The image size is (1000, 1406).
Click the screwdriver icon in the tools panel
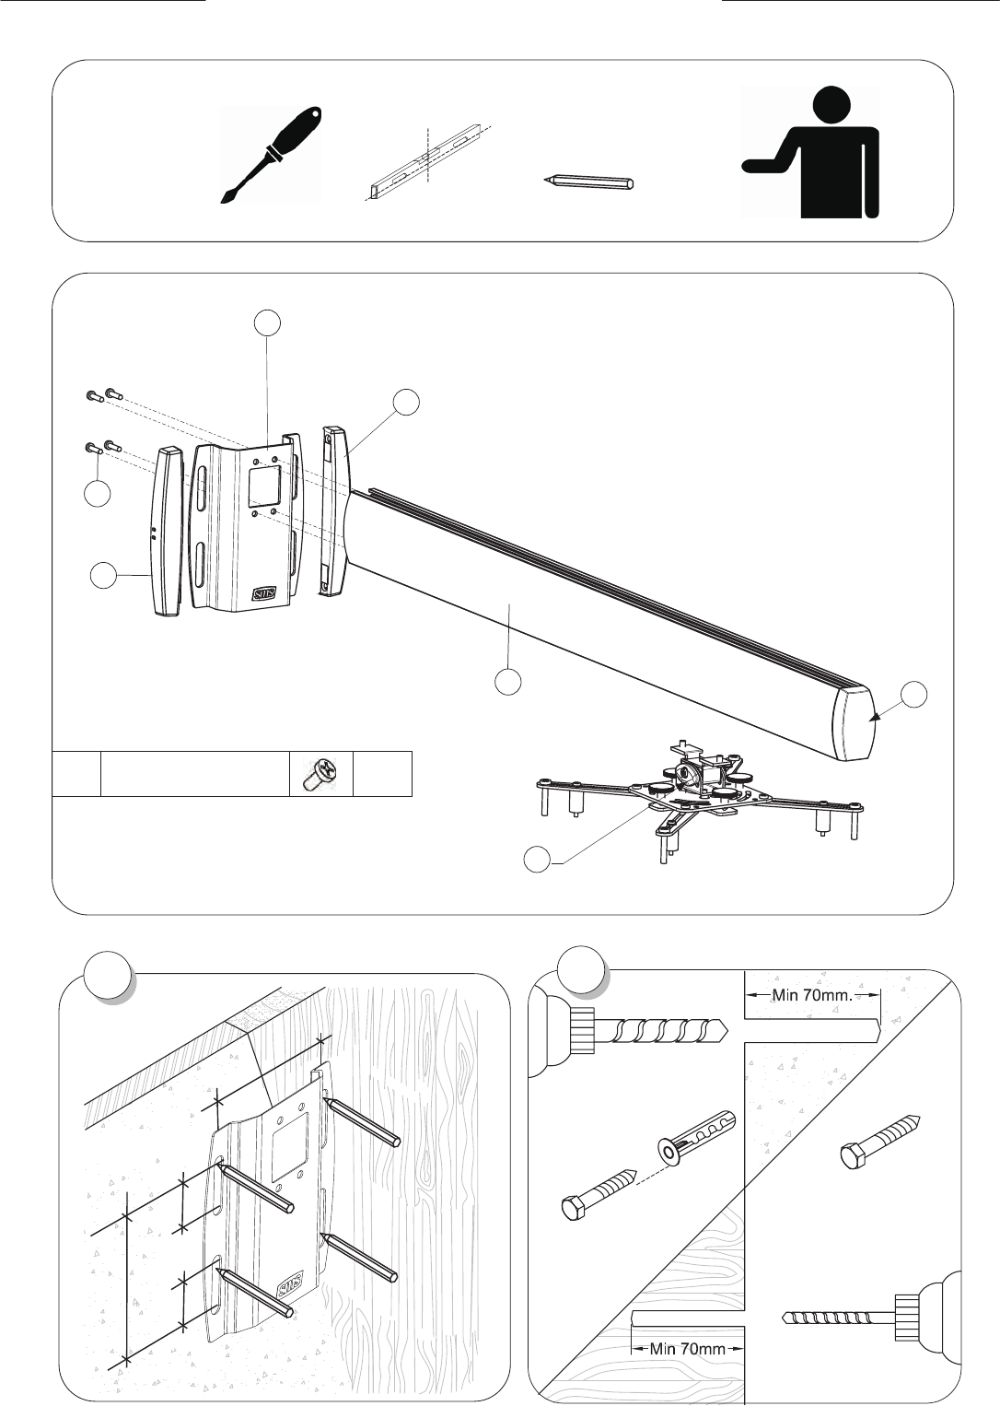point(271,154)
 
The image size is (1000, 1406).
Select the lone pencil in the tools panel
point(588,182)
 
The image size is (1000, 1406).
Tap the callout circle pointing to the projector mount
point(537,860)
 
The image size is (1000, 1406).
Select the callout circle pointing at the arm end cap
point(914,695)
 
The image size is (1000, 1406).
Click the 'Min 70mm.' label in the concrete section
point(812,995)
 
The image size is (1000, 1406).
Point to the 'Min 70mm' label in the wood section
point(687,1348)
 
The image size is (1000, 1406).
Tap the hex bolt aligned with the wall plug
point(599,1190)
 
